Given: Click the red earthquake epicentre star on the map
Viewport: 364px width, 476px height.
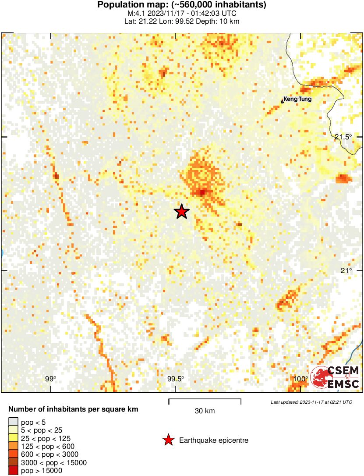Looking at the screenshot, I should [x=181, y=212].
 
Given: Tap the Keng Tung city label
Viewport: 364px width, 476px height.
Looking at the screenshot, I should [x=297, y=99].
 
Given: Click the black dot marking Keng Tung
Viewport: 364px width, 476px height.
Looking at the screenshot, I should [x=282, y=102].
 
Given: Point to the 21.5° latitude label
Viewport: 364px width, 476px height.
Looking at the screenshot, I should [x=343, y=137].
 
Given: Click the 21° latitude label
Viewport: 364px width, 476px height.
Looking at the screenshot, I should [x=347, y=270].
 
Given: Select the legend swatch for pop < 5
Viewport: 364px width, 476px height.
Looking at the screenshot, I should [x=13, y=423].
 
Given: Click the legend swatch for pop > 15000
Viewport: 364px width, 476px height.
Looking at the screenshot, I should [x=13, y=471].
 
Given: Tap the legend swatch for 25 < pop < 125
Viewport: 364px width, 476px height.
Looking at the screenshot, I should [x=13, y=438].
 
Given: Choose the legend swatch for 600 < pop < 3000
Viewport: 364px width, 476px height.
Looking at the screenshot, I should [x=13, y=455].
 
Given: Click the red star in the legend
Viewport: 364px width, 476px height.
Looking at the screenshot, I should [x=168, y=440].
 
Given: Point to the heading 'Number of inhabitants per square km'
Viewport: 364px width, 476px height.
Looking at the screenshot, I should [x=74, y=409].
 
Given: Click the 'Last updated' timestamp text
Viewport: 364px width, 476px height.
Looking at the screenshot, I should [x=311, y=402].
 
